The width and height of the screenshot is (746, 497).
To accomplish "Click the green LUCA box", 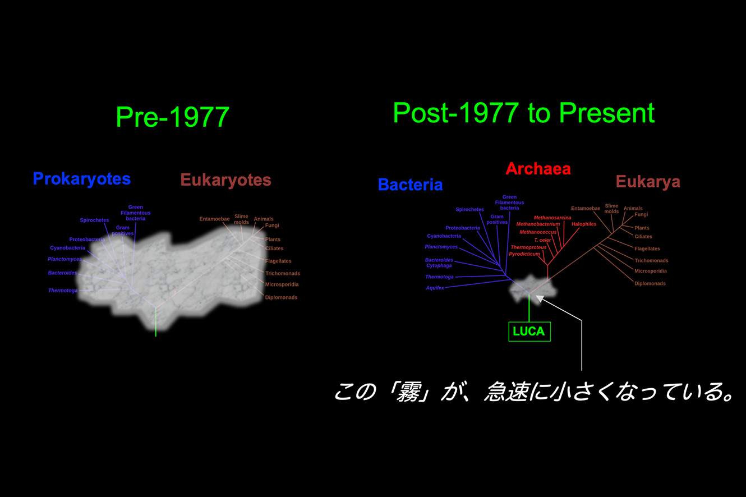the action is point(529,332).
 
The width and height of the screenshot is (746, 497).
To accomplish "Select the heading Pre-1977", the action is point(173,117).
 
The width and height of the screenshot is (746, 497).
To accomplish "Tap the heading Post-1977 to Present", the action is point(524,113).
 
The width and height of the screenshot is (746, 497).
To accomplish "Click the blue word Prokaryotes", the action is point(82,179).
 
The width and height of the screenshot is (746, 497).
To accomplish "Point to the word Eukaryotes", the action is point(226,180).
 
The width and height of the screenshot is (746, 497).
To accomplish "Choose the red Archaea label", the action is point(538,169).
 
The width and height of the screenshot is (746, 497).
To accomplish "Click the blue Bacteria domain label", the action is point(411,185).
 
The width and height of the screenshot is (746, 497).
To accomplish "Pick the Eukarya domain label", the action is point(648,182).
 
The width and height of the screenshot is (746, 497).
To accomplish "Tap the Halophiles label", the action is point(584,224).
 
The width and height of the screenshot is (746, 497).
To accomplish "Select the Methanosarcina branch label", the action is point(552,218).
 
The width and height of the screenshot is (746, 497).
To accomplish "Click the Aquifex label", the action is point(435,288).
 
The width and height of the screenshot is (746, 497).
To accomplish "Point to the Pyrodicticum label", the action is point(524,254).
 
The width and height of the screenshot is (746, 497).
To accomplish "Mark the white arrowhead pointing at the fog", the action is point(540,298).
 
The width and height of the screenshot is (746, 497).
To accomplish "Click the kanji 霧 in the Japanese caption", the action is point(409,392).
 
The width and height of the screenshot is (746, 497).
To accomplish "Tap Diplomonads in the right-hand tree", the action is point(650,283).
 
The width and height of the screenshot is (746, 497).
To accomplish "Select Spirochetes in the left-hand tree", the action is point(94,220).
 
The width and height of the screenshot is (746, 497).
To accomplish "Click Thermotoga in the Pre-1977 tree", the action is point(63,291).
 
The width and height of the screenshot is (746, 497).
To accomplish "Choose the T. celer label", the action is point(542,240).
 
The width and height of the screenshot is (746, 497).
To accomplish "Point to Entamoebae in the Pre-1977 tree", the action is point(214,219).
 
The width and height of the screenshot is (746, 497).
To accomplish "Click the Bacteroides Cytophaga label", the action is point(439,263).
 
